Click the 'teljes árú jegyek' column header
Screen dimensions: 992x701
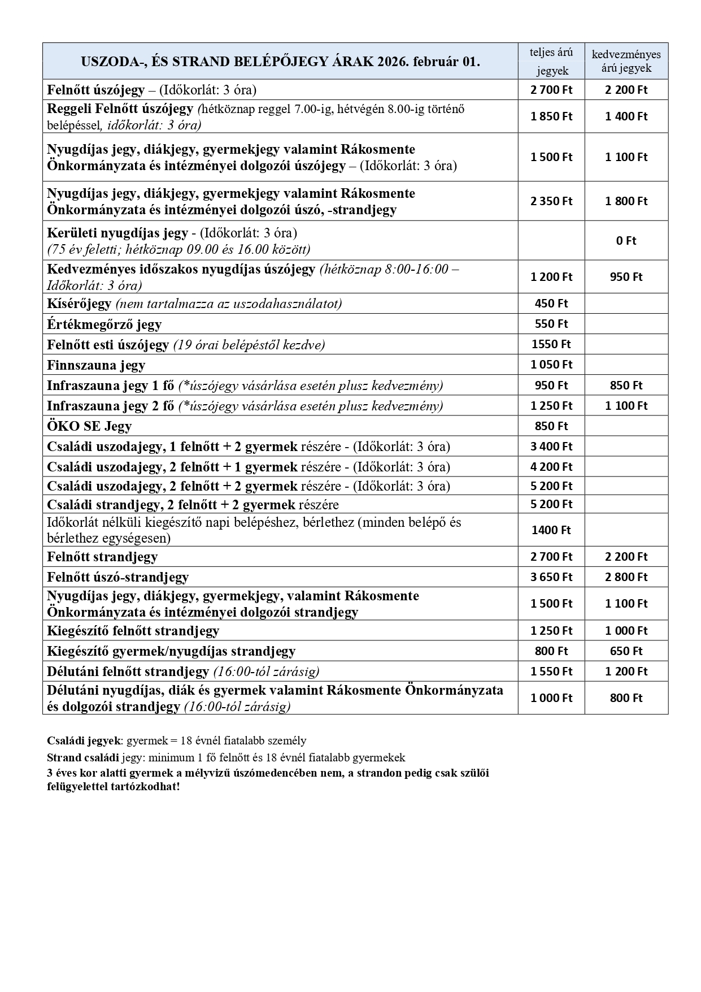pyautogui.click(x=551, y=61)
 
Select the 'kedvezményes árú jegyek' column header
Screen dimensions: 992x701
pyautogui.click(x=626, y=61)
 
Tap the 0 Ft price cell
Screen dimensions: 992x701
pyautogui.click(x=626, y=241)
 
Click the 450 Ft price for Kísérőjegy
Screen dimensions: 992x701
pyautogui.click(x=551, y=304)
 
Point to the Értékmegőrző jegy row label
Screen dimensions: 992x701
pyautogui.click(x=105, y=324)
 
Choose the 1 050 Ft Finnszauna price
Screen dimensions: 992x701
pyautogui.click(x=551, y=365)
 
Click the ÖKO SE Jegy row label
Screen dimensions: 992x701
pyautogui.click(x=89, y=426)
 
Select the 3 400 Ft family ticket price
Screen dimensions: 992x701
pyautogui.click(x=551, y=447)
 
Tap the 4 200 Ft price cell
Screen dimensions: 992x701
pyautogui.click(x=551, y=467)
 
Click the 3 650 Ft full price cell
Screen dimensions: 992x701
pyautogui.click(x=551, y=577)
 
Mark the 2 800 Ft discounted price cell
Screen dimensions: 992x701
pyautogui.click(x=626, y=577)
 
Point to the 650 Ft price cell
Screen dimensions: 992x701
pyautogui.click(x=626, y=651)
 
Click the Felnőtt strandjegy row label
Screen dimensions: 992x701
pyautogui.click(x=102, y=557)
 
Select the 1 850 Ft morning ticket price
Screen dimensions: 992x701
pyautogui.click(x=551, y=116)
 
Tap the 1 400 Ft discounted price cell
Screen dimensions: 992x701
pyautogui.click(x=626, y=116)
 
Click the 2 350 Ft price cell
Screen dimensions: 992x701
pyautogui.click(x=551, y=201)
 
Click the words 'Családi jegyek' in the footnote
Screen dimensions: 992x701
pyautogui.click(x=84, y=740)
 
